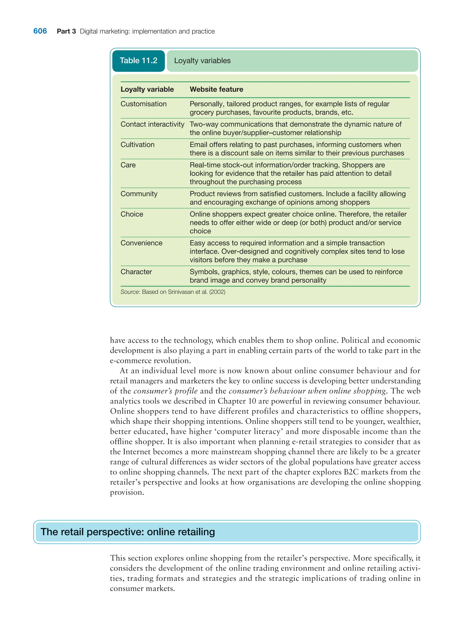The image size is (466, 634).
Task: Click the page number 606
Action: (x=40, y=31)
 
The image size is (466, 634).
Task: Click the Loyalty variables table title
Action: (x=202, y=61)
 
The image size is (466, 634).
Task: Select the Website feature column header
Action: (x=216, y=89)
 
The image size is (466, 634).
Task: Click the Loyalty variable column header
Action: (x=147, y=89)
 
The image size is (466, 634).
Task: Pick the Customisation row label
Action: (x=143, y=104)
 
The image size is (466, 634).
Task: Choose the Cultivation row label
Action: (x=137, y=145)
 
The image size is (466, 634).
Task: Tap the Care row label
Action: (x=128, y=165)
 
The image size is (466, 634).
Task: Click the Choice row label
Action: (x=132, y=214)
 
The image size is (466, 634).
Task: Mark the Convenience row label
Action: (x=141, y=243)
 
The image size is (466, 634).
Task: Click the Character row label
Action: (x=136, y=272)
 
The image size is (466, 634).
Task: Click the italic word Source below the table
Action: (x=129, y=292)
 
